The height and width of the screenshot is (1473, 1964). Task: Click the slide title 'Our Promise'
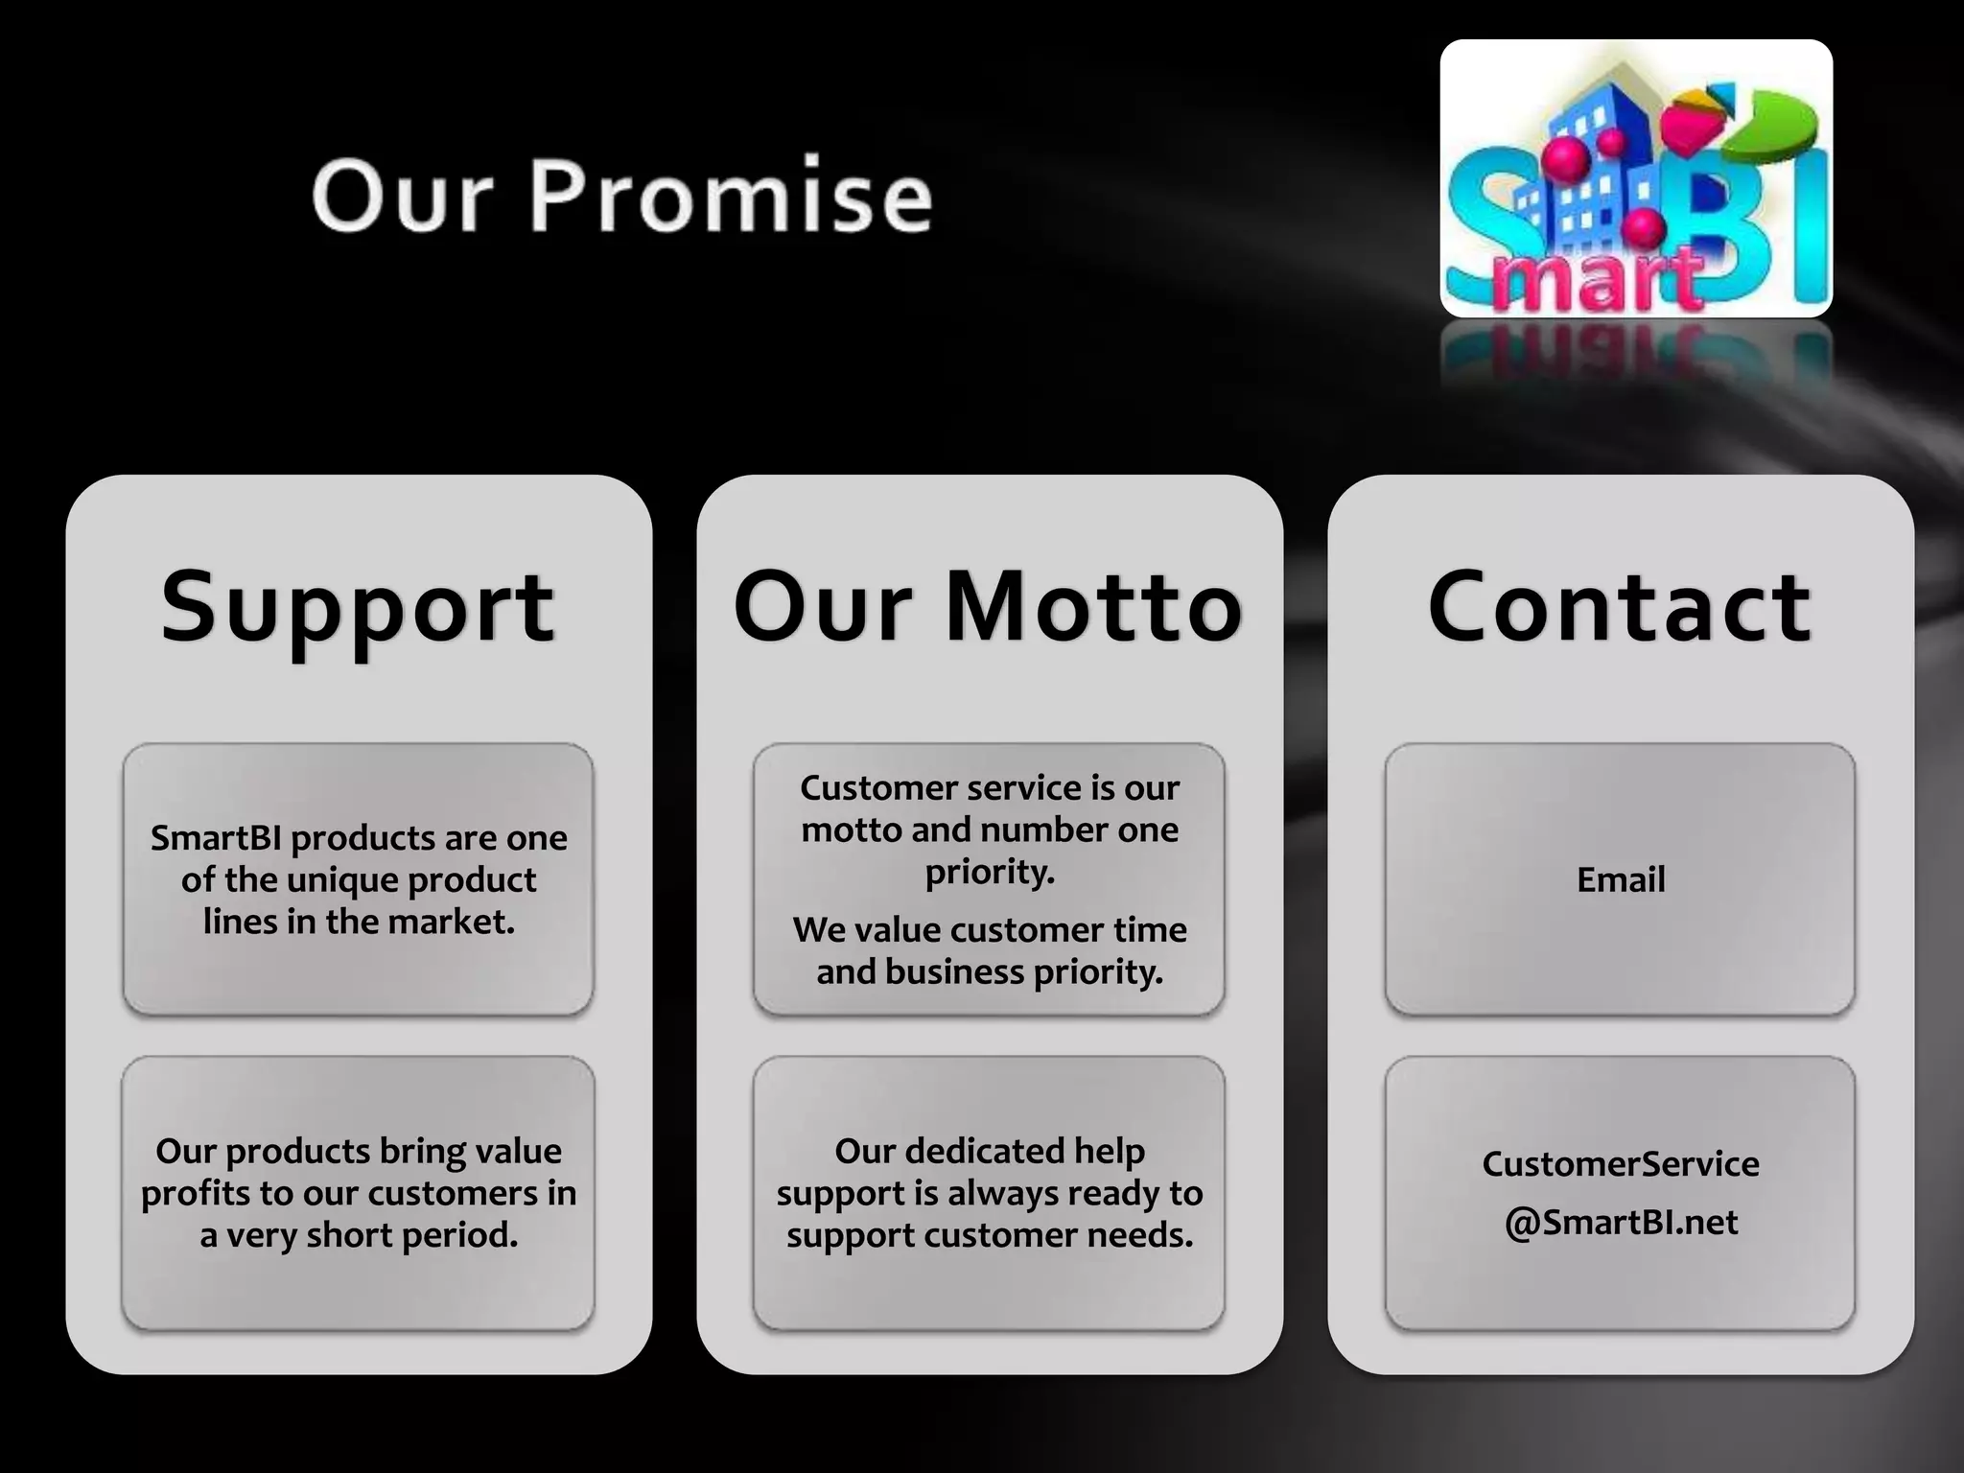[621, 196]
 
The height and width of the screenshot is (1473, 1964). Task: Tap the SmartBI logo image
[1636, 179]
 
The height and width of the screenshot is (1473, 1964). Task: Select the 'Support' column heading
[358, 607]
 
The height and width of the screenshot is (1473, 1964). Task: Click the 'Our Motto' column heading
[989, 607]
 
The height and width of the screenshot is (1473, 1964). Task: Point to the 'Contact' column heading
[1620, 607]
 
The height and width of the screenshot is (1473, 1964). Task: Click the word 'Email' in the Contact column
[1621, 879]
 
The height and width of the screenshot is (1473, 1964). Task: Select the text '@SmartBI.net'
[1621, 1222]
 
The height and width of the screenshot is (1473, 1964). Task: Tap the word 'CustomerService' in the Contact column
[1621, 1163]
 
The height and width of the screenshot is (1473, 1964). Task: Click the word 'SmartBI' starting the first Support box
[216, 838]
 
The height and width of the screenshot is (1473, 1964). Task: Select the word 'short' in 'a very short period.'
[349, 1235]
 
